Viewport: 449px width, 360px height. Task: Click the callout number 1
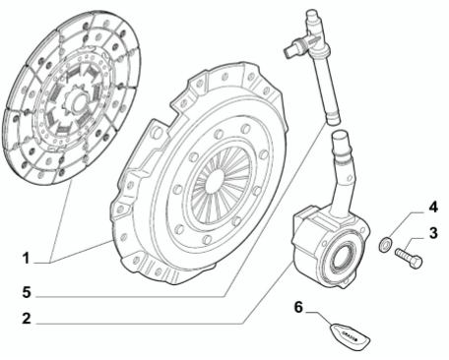pos(27,260)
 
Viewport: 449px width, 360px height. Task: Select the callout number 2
pos(27,319)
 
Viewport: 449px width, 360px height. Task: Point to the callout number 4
pos(432,209)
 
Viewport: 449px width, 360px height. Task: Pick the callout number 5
pos(27,291)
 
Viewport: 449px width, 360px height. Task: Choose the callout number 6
pos(299,307)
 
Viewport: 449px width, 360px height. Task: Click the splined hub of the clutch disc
pos(73,102)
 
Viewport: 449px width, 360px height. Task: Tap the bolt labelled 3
pos(409,258)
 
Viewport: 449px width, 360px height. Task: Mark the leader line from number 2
pos(148,319)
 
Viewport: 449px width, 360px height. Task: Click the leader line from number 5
pos(148,291)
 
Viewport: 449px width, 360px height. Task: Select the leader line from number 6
pos(320,313)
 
